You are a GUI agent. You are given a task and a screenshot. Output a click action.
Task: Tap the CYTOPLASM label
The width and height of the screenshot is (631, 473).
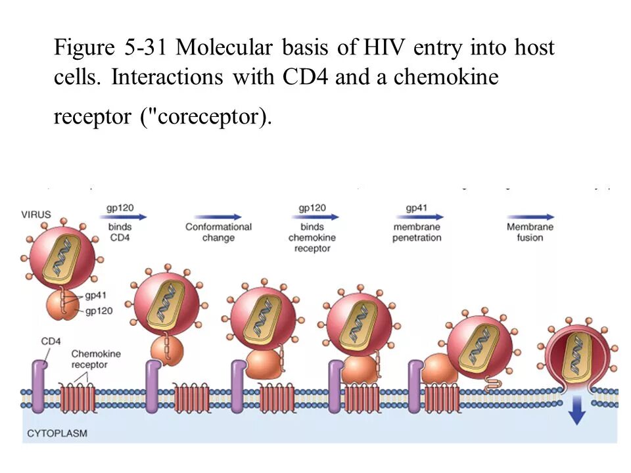(x=57, y=433)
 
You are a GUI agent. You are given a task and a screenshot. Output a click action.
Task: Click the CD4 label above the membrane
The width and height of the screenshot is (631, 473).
(x=51, y=341)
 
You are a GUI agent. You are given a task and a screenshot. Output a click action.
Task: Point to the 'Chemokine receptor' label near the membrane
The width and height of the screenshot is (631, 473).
(x=96, y=359)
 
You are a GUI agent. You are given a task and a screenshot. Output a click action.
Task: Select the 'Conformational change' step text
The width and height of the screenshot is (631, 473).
(x=218, y=232)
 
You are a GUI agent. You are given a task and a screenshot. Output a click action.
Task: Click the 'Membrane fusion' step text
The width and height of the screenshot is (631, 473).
(x=530, y=232)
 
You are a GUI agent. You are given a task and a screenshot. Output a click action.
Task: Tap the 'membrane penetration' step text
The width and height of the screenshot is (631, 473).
(x=417, y=232)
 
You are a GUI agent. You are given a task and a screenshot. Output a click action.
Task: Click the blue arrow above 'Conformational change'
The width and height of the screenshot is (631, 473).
(x=218, y=216)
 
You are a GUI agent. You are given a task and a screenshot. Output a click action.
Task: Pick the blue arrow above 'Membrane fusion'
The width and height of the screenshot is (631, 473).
(x=530, y=216)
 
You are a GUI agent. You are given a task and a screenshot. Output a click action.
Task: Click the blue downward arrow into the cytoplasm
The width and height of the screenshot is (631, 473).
(x=576, y=413)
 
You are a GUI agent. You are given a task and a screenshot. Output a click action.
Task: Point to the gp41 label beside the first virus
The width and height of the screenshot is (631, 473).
(x=95, y=296)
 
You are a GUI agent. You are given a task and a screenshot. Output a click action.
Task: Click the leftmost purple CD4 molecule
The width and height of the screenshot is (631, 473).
(x=38, y=388)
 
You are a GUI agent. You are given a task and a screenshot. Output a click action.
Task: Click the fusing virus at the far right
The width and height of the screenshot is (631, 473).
(x=576, y=355)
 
